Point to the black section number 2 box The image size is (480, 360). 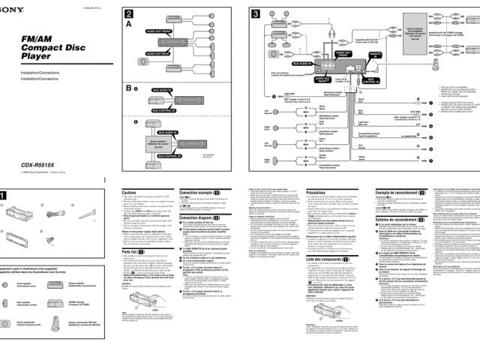click(130, 14)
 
